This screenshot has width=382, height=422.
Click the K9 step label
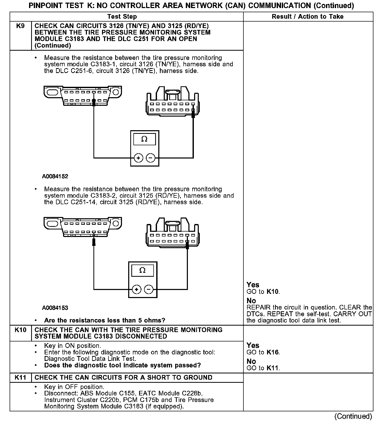(20, 26)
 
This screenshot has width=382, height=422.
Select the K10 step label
(20, 330)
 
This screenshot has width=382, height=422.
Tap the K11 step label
(20, 378)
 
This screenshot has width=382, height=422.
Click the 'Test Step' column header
(122, 17)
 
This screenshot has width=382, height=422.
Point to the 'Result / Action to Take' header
(308, 17)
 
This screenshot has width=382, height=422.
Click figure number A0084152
(55, 176)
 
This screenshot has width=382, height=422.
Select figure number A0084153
(55, 308)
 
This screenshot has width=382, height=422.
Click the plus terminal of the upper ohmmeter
(139, 158)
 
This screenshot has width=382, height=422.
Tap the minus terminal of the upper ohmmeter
(151, 158)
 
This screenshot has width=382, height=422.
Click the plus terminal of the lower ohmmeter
(137, 289)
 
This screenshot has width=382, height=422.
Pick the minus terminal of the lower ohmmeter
(149, 289)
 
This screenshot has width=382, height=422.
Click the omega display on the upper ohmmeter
(144, 139)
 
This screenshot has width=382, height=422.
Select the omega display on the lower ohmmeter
(142, 271)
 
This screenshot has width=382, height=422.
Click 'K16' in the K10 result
(273, 353)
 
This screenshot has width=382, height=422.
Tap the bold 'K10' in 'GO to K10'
(273, 292)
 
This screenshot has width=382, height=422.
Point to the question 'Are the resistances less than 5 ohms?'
(105, 320)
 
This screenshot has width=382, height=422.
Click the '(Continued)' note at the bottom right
(353, 416)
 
